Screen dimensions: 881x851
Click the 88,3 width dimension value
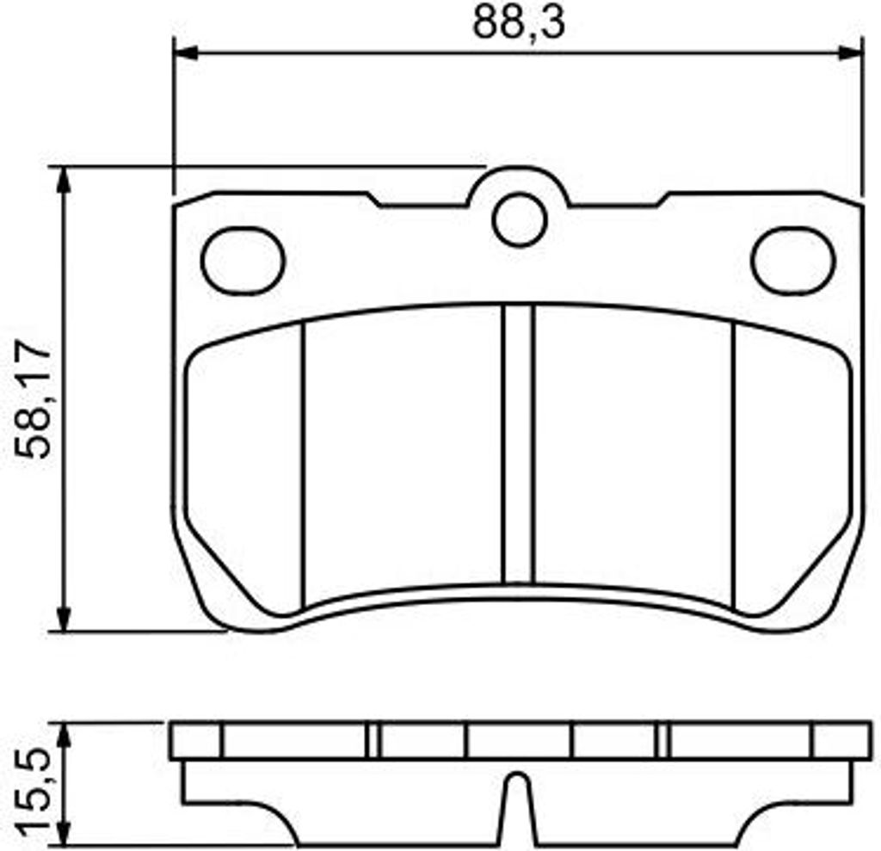[518, 23]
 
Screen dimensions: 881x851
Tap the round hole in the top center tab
[520, 219]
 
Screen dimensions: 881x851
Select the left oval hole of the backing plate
[243, 260]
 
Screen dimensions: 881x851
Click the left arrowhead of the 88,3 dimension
[187, 53]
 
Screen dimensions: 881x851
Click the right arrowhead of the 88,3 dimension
[849, 53]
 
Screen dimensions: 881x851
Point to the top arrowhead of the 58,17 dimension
[65, 180]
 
